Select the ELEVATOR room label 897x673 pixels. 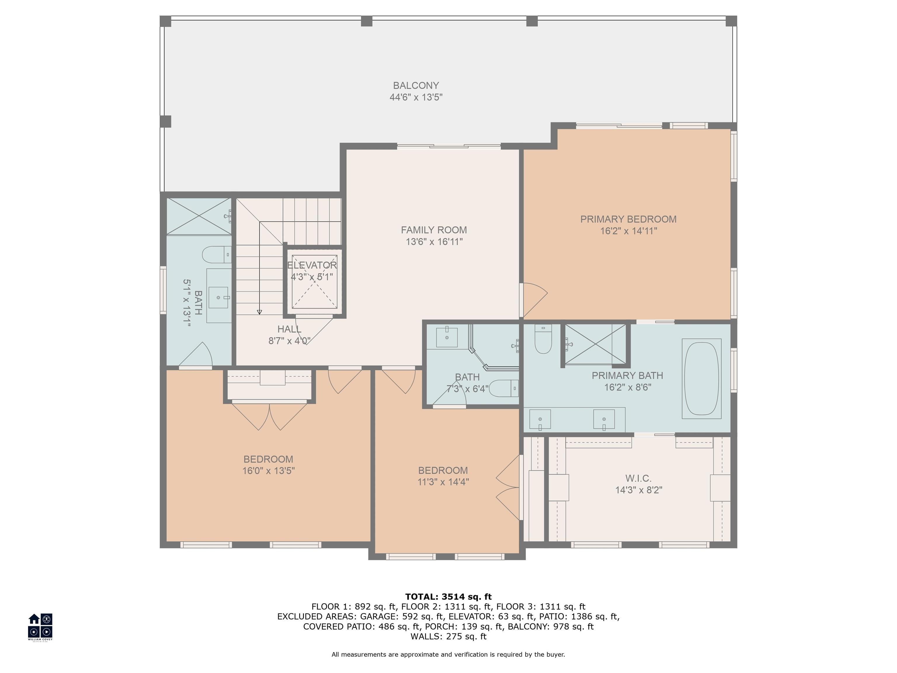coord(312,265)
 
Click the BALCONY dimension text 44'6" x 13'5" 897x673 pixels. coord(416,97)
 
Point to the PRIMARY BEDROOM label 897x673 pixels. coord(628,219)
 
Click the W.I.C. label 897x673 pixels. coord(638,478)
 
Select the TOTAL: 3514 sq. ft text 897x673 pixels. coord(448,597)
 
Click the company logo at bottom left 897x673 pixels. coord(40,626)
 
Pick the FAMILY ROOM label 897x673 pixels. coord(434,230)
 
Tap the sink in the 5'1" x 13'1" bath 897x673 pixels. coord(219,298)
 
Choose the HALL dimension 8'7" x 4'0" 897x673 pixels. coord(289,341)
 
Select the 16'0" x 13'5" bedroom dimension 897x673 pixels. coord(268,471)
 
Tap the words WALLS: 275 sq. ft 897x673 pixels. coord(448,636)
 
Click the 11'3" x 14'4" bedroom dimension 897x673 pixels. coord(443,482)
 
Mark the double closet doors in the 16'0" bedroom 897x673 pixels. coord(269,416)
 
